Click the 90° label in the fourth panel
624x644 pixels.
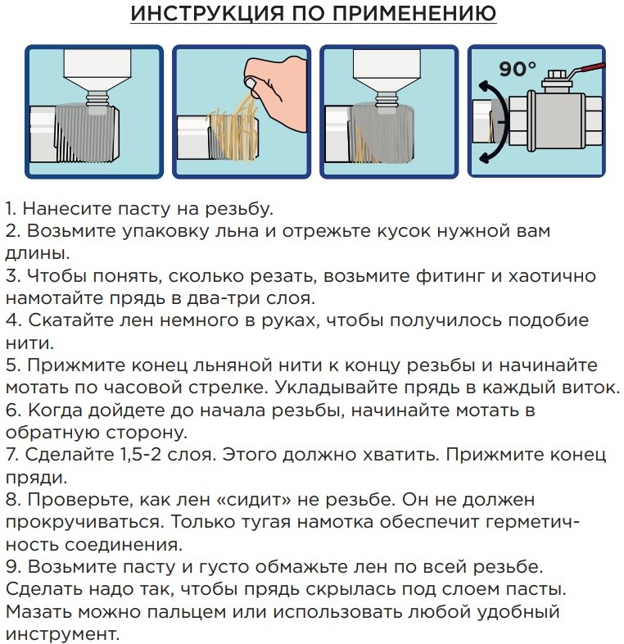click(518, 69)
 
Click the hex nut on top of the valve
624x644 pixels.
click(555, 75)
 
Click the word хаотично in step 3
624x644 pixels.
click(552, 275)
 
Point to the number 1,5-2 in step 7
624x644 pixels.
click(140, 455)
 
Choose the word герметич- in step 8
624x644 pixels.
click(532, 523)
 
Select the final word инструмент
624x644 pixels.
click(62, 634)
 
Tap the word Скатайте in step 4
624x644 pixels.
click(71, 320)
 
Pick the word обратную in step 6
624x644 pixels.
click(52, 433)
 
